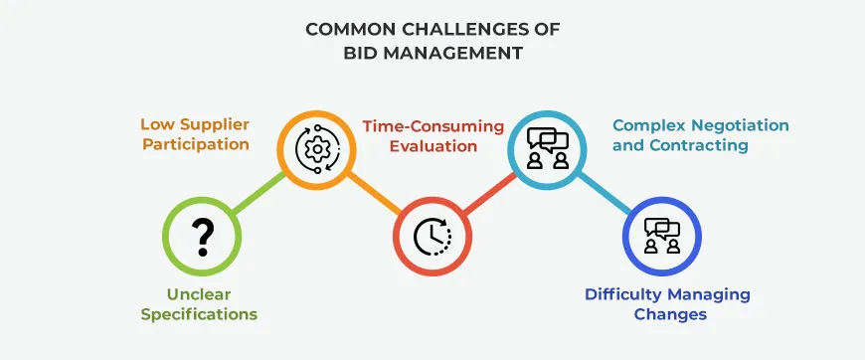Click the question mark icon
pyautogui.click(x=203, y=236)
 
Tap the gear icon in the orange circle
pyautogui.click(x=316, y=150)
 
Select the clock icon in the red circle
pyautogui.click(x=432, y=236)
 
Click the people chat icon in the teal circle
pyautogui.click(x=547, y=149)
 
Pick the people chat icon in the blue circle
pyautogui.click(x=661, y=236)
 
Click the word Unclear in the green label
pyautogui.click(x=199, y=295)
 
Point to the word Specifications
pyautogui.click(x=199, y=314)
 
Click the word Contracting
pyautogui.click(x=706, y=145)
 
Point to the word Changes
pyautogui.click(x=670, y=314)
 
